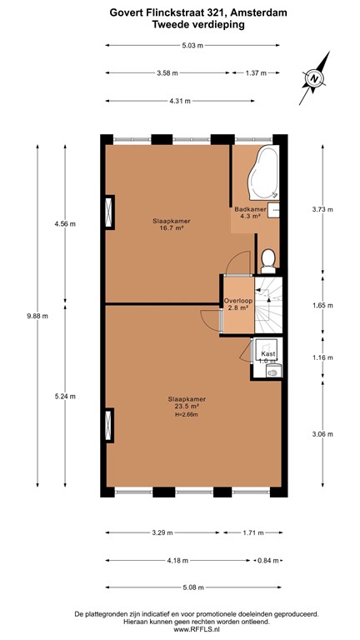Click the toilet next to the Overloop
268,262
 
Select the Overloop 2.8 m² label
237,304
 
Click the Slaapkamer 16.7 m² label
171,225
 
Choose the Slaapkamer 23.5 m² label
186,403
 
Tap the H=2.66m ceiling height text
187,415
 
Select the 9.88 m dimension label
37,316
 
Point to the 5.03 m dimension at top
195,46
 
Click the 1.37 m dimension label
257,73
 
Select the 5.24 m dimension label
65,397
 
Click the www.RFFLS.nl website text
179,630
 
